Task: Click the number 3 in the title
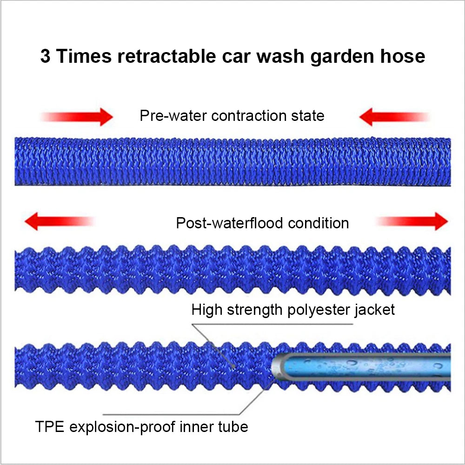pos(46,56)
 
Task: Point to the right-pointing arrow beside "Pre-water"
pos(77,117)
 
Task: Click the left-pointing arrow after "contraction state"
pos(394,117)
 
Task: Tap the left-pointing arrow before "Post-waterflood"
pos(60,221)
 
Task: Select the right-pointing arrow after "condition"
pos(412,221)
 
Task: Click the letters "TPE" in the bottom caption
pos(50,427)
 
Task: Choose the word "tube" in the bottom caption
pos(233,427)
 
